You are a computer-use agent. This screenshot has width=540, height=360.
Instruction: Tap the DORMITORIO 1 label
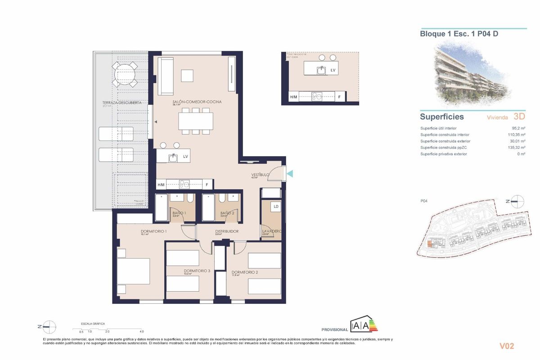[153, 232]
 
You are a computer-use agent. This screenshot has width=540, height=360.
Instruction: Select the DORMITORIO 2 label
[244, 272]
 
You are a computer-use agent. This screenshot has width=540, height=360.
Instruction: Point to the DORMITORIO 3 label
[197, 271]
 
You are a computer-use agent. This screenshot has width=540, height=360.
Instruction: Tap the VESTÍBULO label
[260, 174]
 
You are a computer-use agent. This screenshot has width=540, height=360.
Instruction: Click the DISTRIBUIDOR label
[226, 232]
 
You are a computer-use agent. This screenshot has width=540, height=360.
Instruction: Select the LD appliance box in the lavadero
[276, 207]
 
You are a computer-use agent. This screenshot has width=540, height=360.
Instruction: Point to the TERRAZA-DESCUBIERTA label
[122, 103]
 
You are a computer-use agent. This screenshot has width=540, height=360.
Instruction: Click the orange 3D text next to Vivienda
[519, 117]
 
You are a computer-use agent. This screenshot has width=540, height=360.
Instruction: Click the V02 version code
[507, 346]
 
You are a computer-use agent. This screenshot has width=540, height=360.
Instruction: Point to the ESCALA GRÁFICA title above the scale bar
[93, 324]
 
